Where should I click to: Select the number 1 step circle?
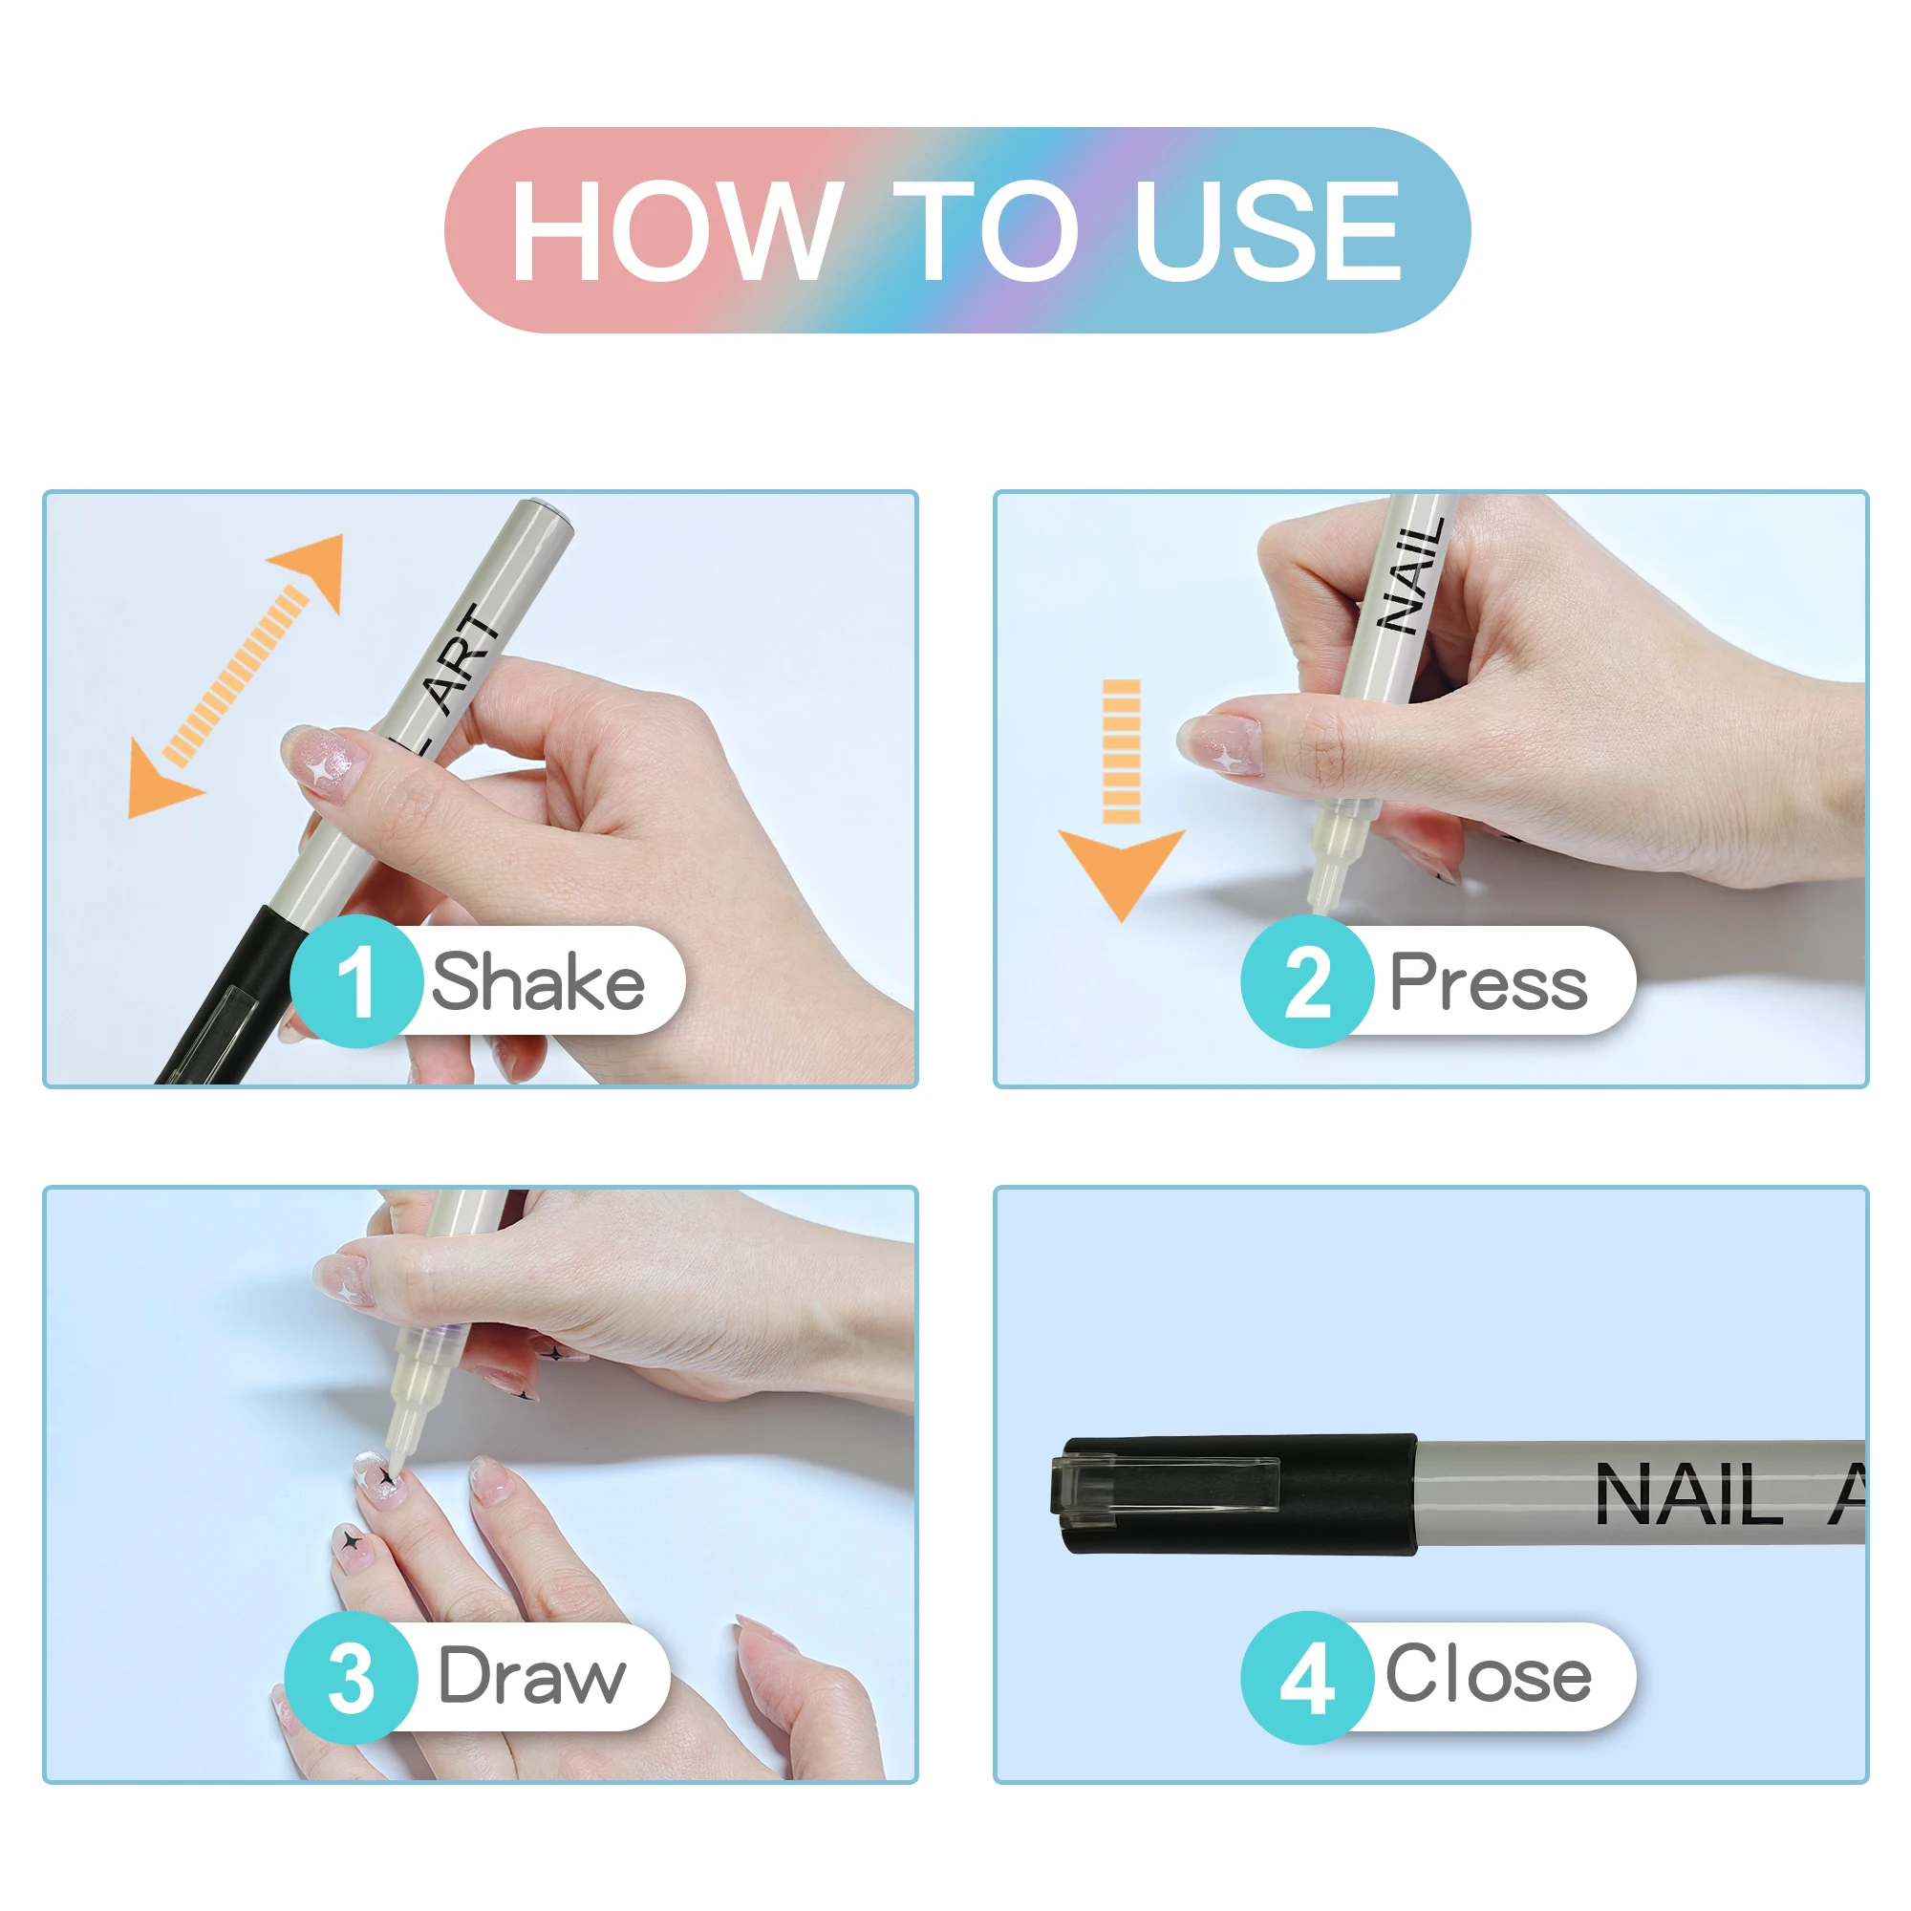[x=357, y=981]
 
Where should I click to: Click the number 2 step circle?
[x=1308, y=981]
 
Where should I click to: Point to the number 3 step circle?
[x=351, y=1678]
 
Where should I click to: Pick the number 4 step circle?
[x=1308, y=1678]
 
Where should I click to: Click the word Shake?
[x=538, y=980]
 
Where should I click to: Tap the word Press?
[x=1489, y=981]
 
